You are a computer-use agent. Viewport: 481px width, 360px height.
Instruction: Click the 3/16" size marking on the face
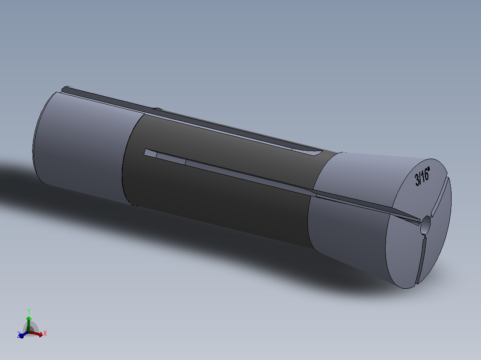(x=422, y=177)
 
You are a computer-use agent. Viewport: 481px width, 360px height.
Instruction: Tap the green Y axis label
(x=29, y=311)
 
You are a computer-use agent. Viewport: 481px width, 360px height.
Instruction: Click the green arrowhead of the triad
(x=29, y=318)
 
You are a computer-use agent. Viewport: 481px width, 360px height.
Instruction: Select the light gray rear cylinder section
(x=80, y=143)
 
